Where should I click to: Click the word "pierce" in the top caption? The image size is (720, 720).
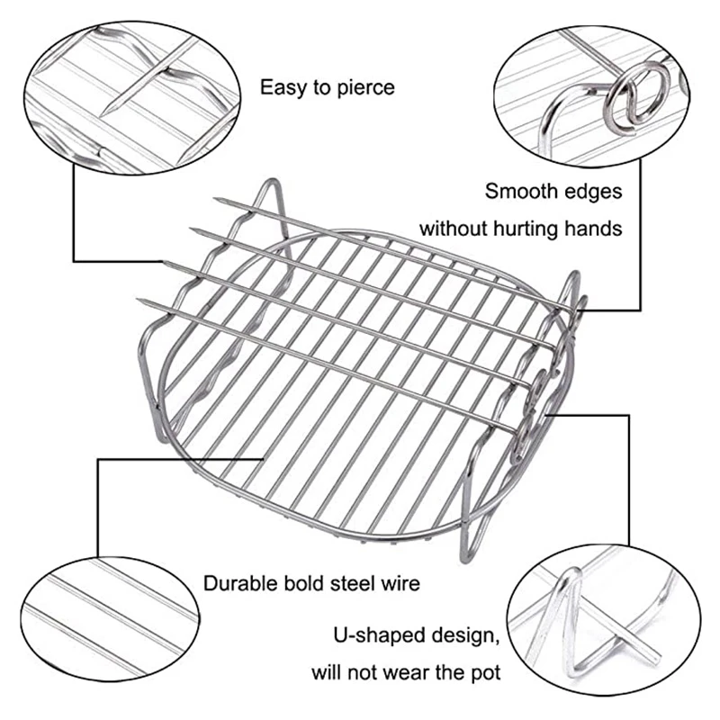pyautogui.click(x=366, y=88)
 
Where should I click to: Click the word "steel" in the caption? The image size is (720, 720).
pyautogui.click(x=353, y=583)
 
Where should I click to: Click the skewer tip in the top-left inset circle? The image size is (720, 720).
pyautogui.click(x=104, y=112)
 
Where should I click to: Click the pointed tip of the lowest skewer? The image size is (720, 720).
pyautogui.click(x=138, y=300)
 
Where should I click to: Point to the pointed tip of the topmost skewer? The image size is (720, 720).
pyautogui.click(x=215, y=199)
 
